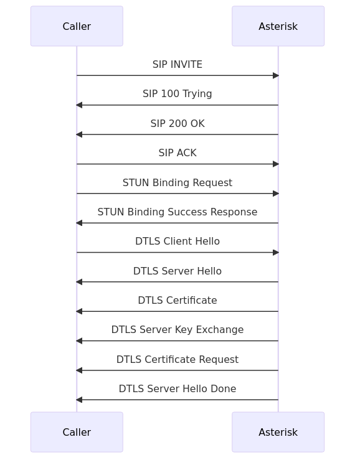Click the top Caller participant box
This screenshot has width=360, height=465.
77,26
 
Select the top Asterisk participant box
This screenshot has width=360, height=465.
278,26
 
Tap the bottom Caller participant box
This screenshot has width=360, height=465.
77,432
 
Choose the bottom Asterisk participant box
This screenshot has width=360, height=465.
278,432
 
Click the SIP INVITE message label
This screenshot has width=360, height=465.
178,65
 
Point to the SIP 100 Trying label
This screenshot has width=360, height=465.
178,94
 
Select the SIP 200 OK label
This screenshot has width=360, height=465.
178,124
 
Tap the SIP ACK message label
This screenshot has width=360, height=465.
178,153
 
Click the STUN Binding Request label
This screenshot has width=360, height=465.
178,183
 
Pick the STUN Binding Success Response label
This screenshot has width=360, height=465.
178,212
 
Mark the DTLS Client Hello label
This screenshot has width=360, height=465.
178,242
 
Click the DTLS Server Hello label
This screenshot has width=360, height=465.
178,271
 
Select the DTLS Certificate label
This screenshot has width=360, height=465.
178,301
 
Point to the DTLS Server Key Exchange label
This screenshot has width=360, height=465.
178,330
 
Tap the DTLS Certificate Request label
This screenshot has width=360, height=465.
178,360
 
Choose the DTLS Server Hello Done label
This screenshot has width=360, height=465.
178,389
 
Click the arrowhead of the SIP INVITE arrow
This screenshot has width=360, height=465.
275,75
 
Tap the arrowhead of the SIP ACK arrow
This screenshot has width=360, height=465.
275,164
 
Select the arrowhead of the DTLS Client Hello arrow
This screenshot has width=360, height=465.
275,253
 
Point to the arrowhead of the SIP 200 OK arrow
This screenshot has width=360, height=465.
79,134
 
